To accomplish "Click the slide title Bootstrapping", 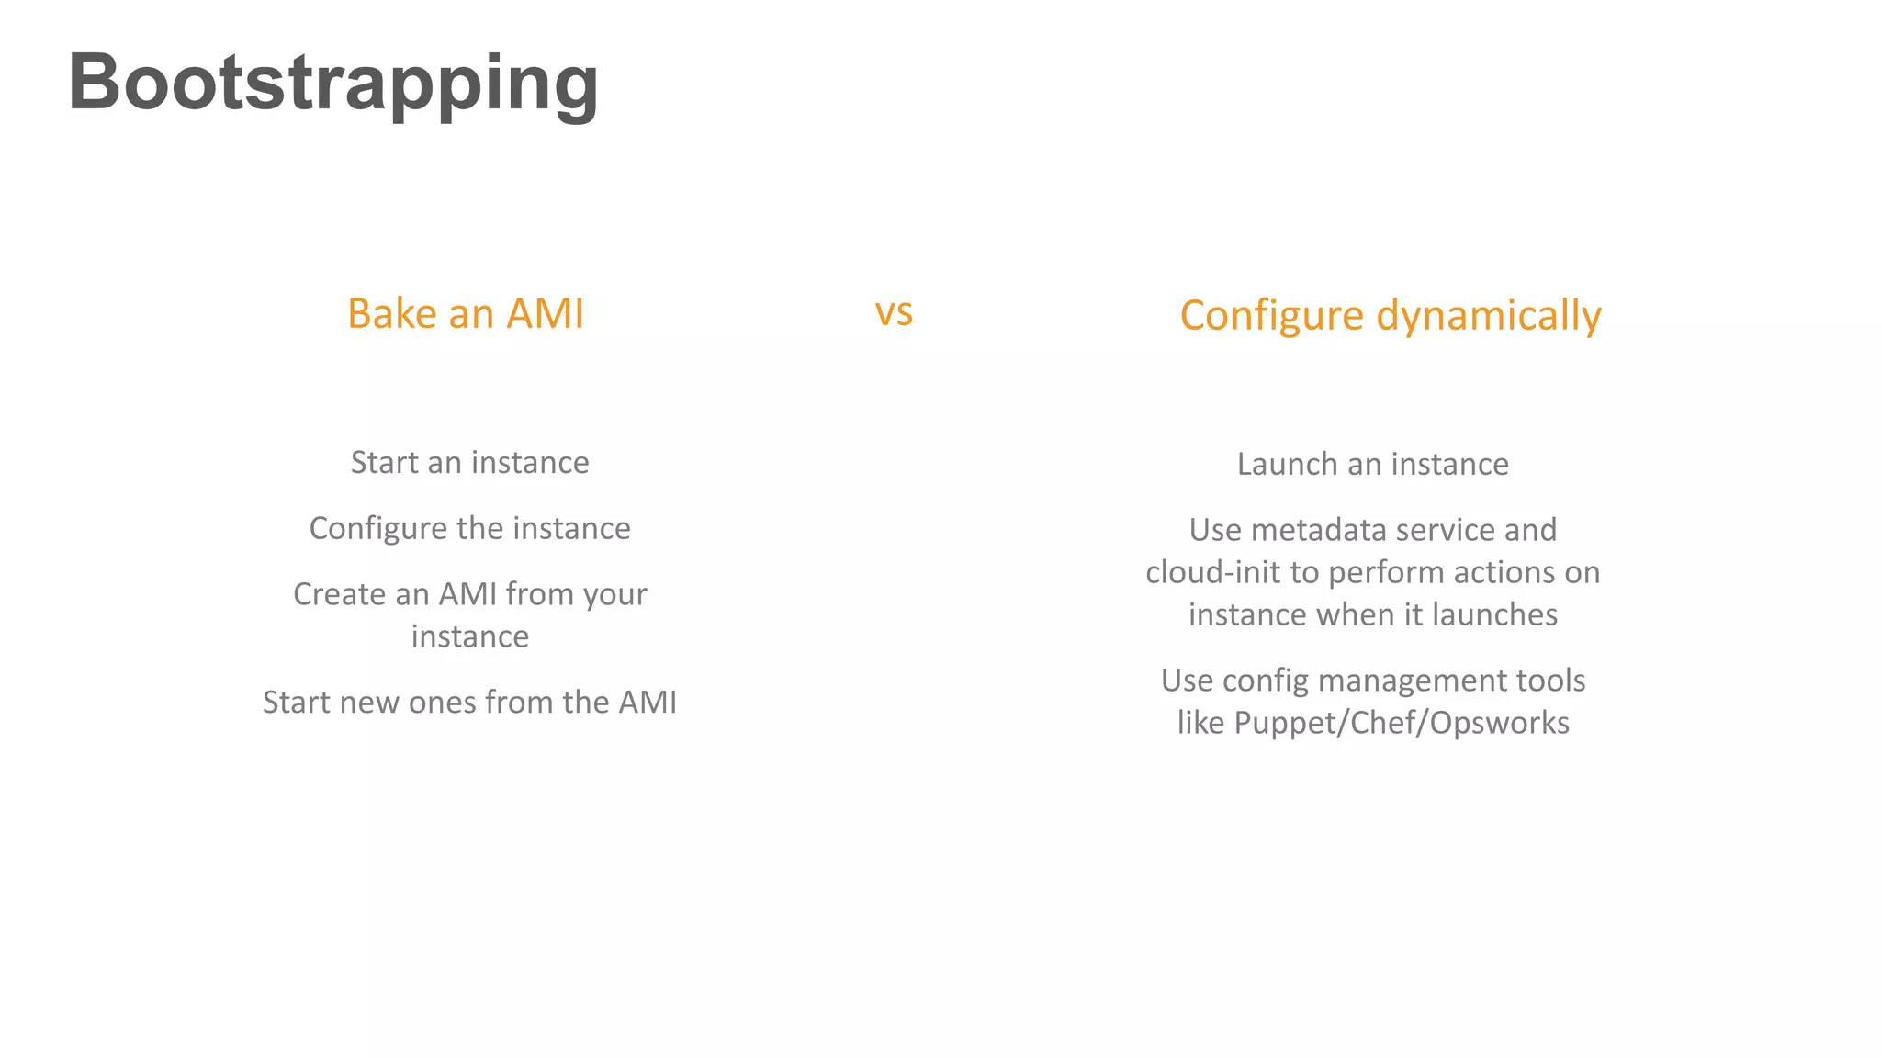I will [x=333, y=84].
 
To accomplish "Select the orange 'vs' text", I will [x=894, y=313].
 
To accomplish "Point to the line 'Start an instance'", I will [x=469, y=463].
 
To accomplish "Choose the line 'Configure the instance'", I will [x=469, y=529].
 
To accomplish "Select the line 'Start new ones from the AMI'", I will [x=469, y=703].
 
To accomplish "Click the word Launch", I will [x=1287, y=465].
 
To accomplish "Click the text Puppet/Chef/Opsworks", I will [x=1401, y=724].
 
